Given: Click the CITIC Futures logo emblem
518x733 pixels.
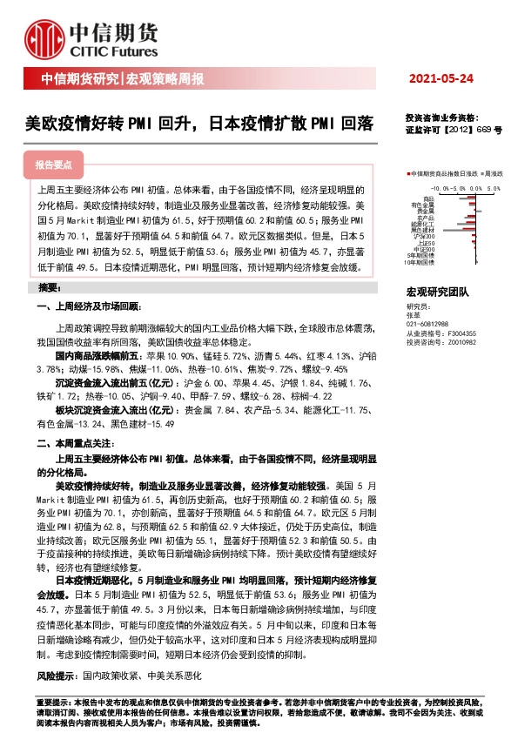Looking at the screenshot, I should tap(44, 33).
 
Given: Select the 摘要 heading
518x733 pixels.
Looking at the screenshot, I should tap(49, 287).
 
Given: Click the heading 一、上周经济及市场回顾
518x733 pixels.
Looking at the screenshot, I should tap(88, 307).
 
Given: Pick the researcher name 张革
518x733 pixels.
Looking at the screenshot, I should tap(414, 315).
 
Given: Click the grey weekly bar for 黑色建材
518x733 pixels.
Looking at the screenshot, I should tap(472, 230).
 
